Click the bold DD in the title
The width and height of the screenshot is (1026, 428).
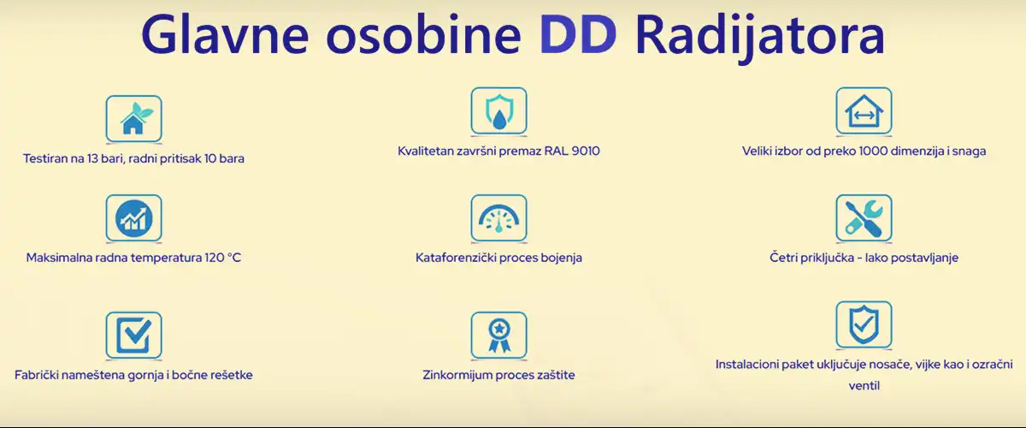coord(578,36)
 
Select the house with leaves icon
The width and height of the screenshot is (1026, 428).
coord(133,118)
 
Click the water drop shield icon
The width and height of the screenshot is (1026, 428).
coord(498,111)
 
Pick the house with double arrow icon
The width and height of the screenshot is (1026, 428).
coord(864,111)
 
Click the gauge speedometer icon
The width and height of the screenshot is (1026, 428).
coord(498,218)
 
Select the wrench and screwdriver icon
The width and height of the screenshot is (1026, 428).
coord(864,217)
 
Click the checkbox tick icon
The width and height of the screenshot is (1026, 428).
coord(133,335)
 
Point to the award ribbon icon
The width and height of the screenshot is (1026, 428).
coord(498,335)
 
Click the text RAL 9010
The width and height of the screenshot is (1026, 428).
coord(572,152)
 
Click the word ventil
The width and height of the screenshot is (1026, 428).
coord(864,386)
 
